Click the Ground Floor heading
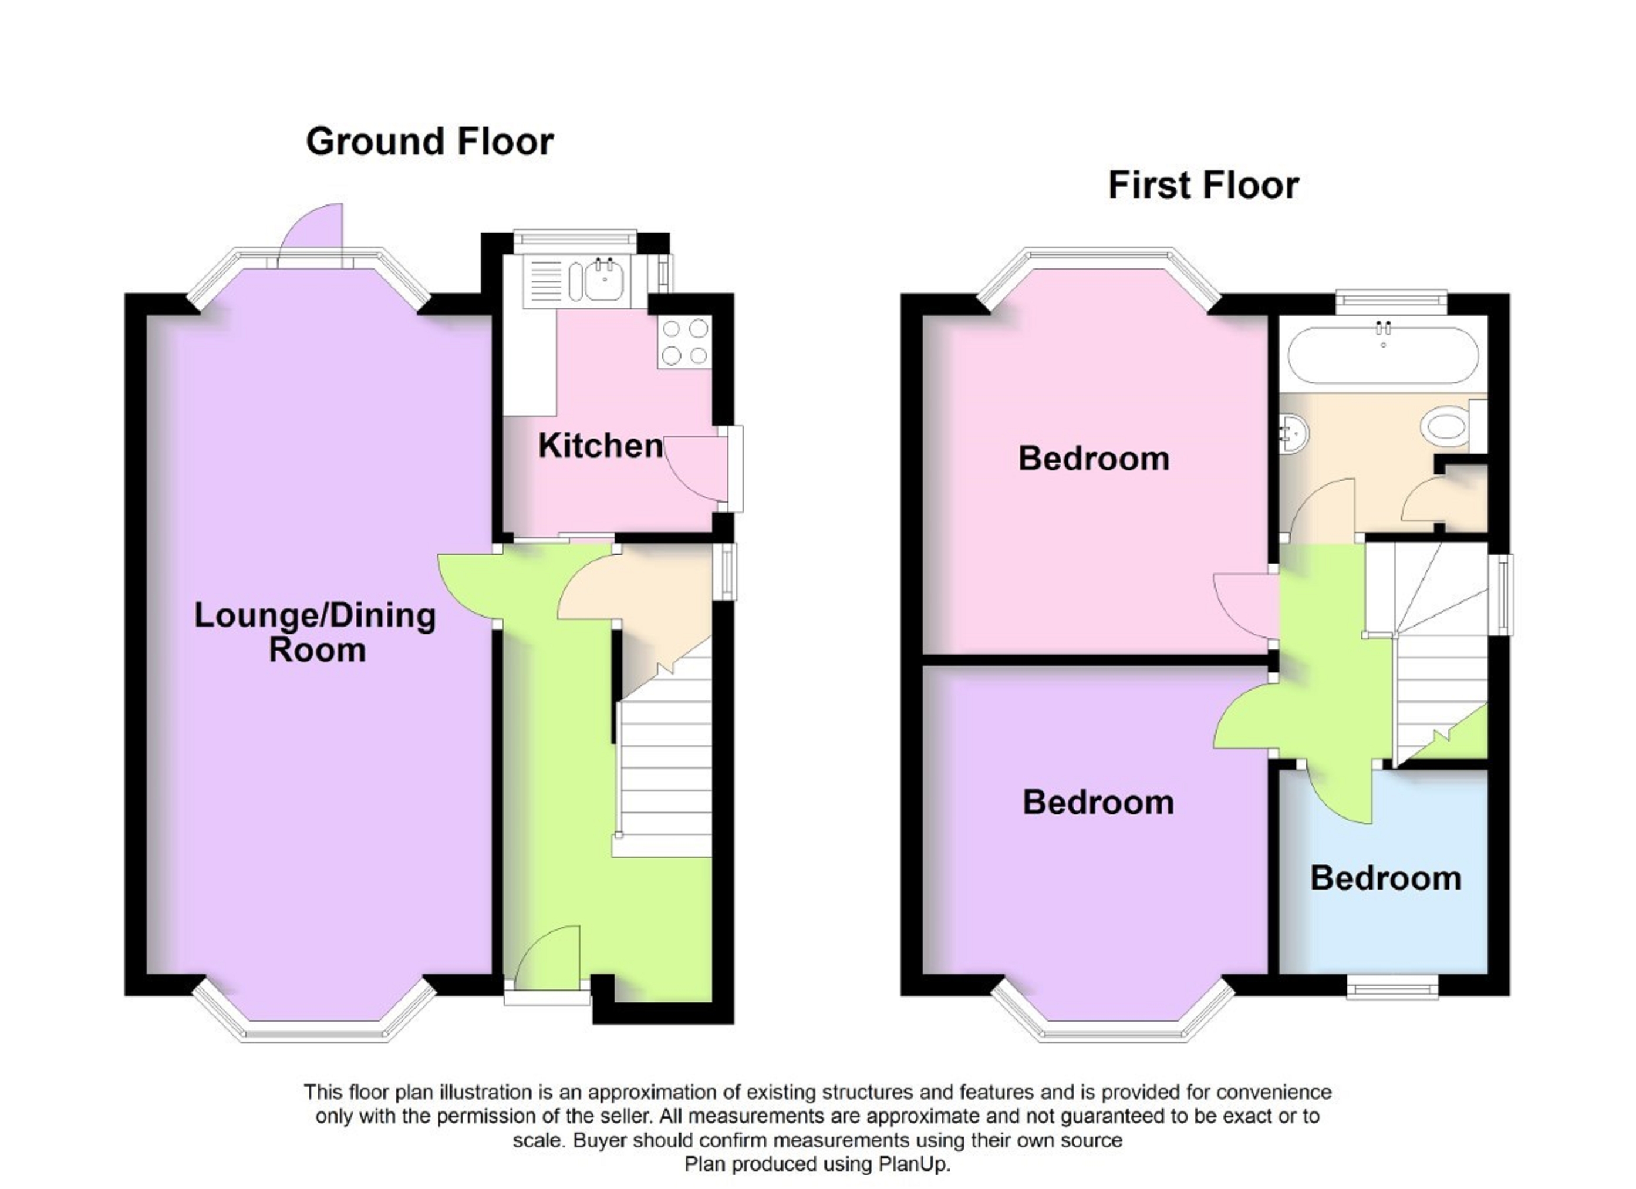point(429,142)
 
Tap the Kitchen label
point(600,446)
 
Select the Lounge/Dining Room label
point(316,632)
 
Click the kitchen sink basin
point(605,281)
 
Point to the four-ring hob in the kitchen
point(684,342)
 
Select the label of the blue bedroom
point(1385,878)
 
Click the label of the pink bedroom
point(1093,459)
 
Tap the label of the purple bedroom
point(1098,802)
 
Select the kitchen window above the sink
point(575,240)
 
